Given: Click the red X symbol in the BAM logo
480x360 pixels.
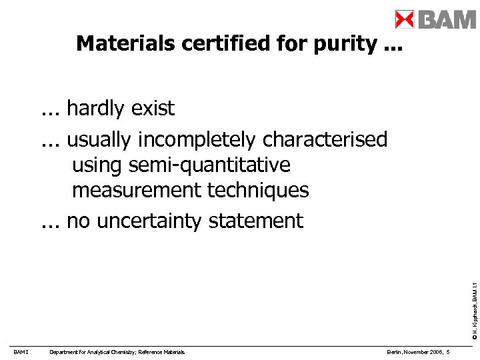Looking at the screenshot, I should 405,19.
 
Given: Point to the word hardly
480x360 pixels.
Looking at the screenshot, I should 99,108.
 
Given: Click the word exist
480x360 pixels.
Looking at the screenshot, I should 155,108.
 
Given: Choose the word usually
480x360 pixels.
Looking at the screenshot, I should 101,140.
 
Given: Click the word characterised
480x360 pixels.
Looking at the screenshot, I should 325,140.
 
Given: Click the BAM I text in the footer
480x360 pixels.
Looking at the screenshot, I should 20,352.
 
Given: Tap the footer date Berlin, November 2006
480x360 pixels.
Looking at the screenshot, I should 414,352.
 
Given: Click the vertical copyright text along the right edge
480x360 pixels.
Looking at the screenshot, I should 472,300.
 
